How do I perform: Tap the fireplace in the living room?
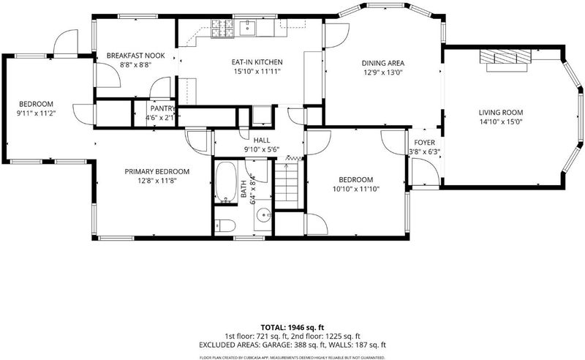click(x=505, y=59)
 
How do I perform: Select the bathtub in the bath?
click(x=226, y=181)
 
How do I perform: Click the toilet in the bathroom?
click(x=225, y=225)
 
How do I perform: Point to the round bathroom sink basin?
click(x=265, y=215)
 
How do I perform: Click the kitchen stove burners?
click(x=223, y=29)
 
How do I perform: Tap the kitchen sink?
click(x=247, y=28)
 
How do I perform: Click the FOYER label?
click(x=425, y=143)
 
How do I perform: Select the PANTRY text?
click(x=162, y=109)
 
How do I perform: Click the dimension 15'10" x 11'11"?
click(x=257, y=71)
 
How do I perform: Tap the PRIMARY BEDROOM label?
click(x=157, y=172)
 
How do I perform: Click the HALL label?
click(x=262, y=140)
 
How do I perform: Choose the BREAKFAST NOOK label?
click(x=136, y=56)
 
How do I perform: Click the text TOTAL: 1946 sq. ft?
click(x=292, y=329)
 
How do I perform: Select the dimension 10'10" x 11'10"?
click(x=356, y=189)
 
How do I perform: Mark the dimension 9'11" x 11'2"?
click(x=36, y=113)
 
